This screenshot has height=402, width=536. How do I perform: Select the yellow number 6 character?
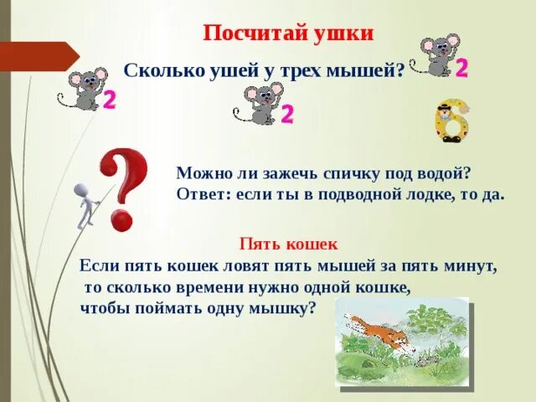coord(451,121)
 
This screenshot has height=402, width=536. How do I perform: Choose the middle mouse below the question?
coord(261,103)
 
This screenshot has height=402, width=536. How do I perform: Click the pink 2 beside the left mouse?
coord(108,100)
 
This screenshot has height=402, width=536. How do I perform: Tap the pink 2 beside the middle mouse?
coord(286,114)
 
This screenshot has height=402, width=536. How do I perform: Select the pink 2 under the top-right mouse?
coord(461,68)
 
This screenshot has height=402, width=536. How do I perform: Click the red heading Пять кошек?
coord(288,245)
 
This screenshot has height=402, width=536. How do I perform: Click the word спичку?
coord(351,174)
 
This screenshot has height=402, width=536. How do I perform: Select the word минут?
coord(472,267)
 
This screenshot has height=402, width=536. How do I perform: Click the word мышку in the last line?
coord(282,307)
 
